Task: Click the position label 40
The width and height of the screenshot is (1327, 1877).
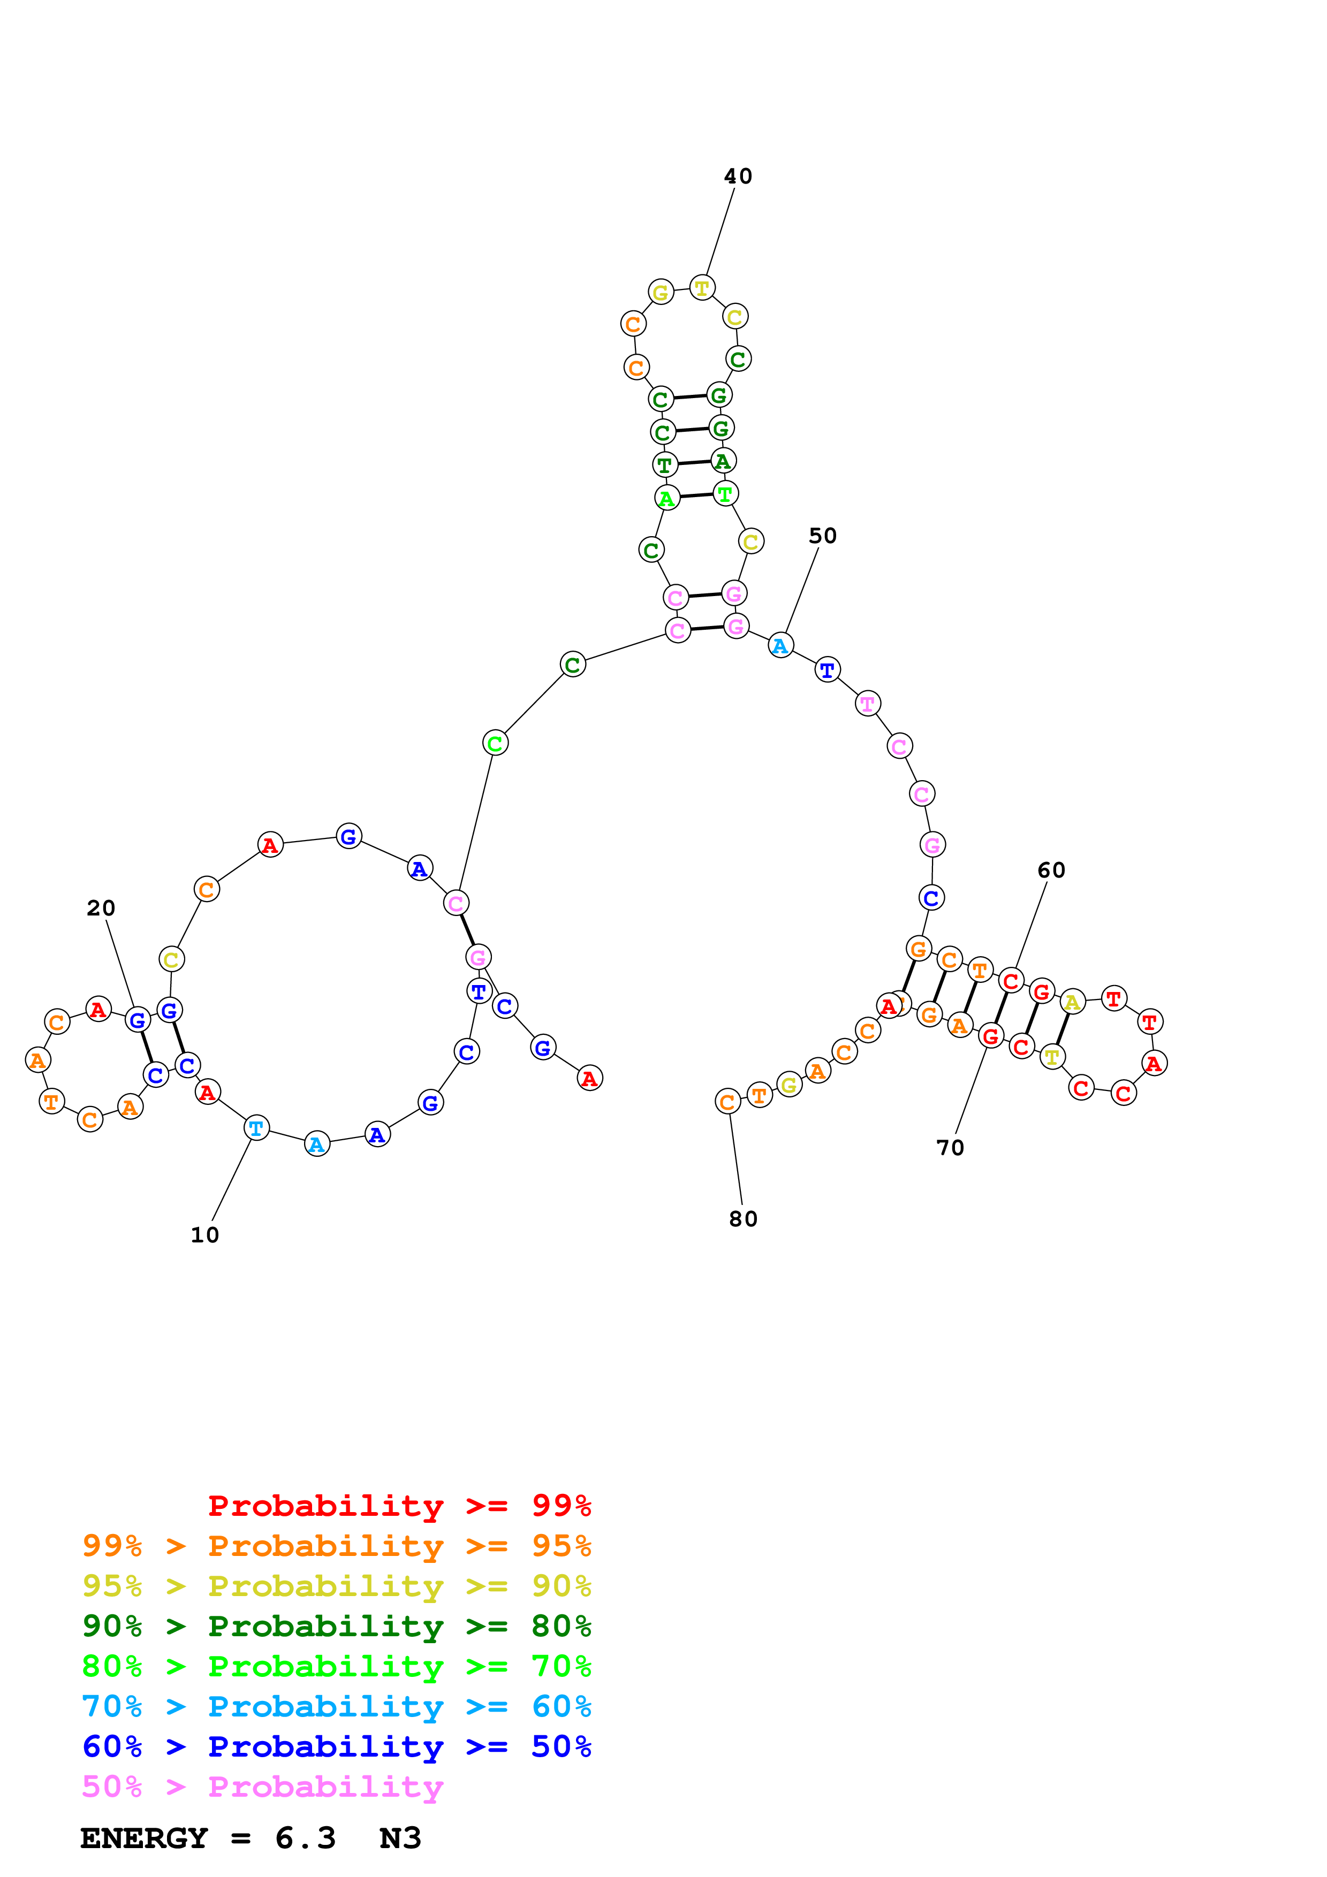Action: point(738,177)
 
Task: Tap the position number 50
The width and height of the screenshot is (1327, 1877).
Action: point(823,536)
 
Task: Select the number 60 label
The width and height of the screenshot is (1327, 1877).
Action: point(1051,871)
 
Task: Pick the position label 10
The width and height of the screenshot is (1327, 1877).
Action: point(204,1235)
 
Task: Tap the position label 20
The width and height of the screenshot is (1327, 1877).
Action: point(101,908)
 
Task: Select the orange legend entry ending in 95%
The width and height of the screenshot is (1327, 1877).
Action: point(336,1546)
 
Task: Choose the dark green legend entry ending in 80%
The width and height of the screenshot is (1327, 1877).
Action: point(336,1626)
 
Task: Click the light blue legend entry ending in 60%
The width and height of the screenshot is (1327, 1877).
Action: point(336,1706)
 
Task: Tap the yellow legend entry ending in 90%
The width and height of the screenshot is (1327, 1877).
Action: point(336,1586)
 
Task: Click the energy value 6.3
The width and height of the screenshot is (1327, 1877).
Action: point(305,1838)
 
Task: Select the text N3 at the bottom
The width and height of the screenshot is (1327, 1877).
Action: point(400,1838)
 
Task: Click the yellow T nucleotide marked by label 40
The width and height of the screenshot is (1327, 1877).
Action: point(702,288)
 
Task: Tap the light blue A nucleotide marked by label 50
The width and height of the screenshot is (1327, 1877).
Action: point(781,646)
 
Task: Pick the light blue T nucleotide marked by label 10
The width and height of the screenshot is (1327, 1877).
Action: point(257,1128)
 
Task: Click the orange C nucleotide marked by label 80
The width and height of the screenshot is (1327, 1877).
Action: point(727,1102)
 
